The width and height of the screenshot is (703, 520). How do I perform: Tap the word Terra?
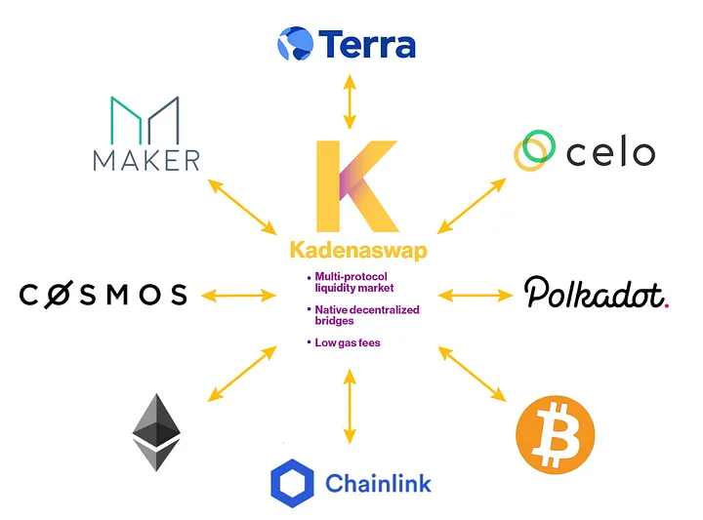point(367,44)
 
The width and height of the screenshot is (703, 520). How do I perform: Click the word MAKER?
point(146,159)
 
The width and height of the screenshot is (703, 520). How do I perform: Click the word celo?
point(610,152)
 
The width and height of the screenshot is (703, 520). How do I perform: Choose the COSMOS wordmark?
point(103,294)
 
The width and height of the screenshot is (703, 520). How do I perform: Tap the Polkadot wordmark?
point(596,293)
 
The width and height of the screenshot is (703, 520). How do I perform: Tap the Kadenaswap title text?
point(357,251)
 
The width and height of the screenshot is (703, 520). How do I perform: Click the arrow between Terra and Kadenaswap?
point(349,101)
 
